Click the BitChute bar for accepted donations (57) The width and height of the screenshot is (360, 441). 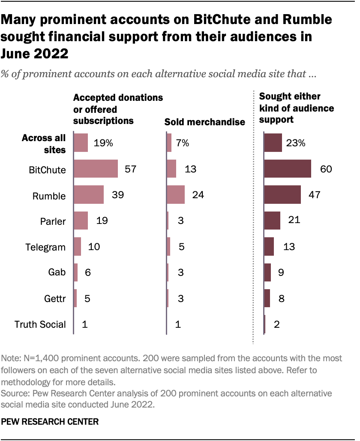coord(96,169)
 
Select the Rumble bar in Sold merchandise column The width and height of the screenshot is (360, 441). coord(175,195)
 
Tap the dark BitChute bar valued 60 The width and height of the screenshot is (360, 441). coord(288,169)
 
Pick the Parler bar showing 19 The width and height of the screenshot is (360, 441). coord(81,220)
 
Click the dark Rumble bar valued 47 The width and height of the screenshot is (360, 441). coord(282,195)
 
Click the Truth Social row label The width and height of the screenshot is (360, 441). coord(40,324)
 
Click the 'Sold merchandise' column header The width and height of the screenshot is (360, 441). coord(205,122)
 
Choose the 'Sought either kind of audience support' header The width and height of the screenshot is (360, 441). coord(297,108)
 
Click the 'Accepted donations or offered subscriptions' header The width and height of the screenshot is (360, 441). coord(118,109)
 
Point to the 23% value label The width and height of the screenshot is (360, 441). coord(296,143)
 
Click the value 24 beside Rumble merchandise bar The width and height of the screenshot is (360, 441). coord(198,195)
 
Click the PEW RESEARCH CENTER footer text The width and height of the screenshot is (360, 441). coord(50,422)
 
